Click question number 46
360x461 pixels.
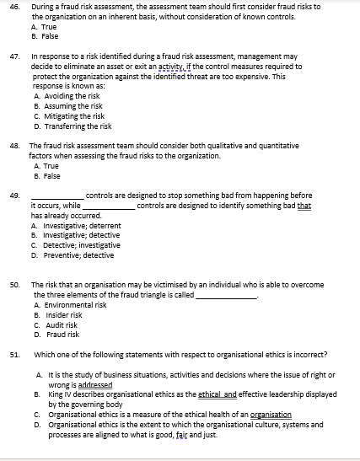coord(14,6)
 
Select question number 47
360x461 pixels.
coord(14,57)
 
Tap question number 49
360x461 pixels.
coord(14,195)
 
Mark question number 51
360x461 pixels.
coord(14,354)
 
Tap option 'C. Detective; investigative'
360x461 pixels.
coord(78,244)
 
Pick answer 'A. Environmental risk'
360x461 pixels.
coord(71,305)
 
